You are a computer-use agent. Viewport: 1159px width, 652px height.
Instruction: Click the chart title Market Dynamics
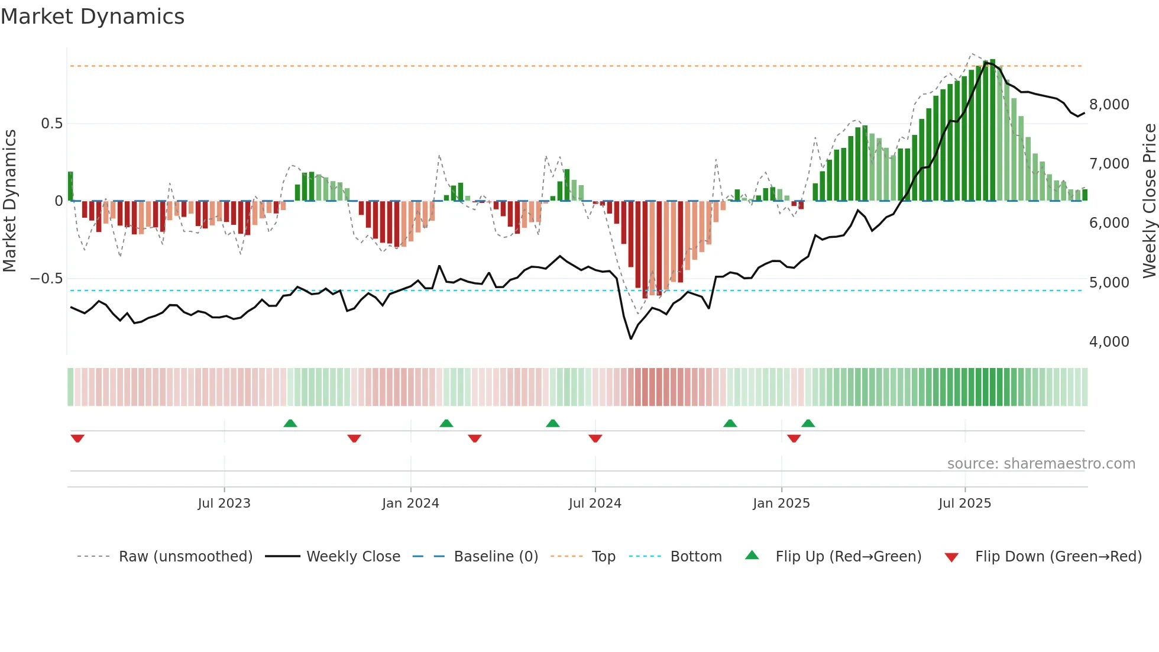(x=92, y=17)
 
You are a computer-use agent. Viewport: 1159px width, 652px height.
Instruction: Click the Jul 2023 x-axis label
(x=224, y=503)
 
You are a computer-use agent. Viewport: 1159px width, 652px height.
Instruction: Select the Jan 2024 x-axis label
(x=410, y=503)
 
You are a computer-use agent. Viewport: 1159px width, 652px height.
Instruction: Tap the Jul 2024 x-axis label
(x=595, y=503)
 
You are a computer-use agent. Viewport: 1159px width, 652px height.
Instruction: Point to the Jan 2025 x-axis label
(x=781, y=503)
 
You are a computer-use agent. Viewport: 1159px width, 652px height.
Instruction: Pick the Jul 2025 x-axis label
(x=964, y=503)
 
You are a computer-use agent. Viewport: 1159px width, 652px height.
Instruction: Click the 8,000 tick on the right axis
(x=1109, y=105)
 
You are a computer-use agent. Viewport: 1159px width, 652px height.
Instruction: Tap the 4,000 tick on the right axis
(x=1109, y=342)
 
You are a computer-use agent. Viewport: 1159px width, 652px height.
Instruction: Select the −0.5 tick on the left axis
(x=46, y=279)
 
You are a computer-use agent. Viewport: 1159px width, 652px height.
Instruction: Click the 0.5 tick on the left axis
(x=51, y=124)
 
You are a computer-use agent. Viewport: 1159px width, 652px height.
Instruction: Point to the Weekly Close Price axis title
(x=1149, y=201)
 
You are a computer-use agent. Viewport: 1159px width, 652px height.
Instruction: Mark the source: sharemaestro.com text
(x=1041, y=464)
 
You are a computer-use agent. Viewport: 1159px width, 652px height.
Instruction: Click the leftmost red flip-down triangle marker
(x=77, y=438)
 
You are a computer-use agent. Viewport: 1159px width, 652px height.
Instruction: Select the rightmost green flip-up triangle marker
(x=808, y=423)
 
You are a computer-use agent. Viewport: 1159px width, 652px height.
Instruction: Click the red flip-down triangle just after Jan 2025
(x=794, y=438)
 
